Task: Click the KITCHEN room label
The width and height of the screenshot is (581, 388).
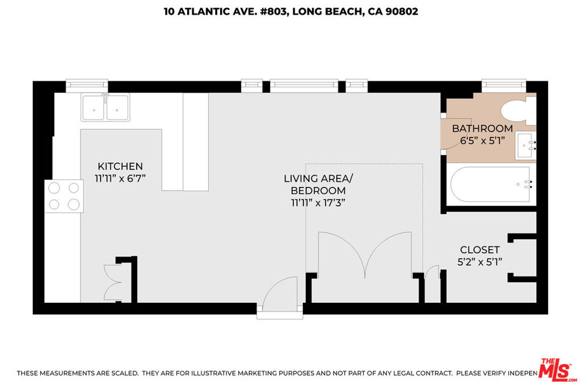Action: (120, 166)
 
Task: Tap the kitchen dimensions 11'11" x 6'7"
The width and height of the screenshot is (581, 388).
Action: (120, 178)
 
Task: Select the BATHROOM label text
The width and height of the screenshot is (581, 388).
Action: (482, 128)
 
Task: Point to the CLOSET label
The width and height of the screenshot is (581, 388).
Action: (480, 249)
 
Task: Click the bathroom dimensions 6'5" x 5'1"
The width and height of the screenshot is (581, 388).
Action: (482, 141)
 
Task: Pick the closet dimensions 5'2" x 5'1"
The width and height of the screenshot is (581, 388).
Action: (480, 262)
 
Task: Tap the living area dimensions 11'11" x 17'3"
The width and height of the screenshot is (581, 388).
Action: (318, 203)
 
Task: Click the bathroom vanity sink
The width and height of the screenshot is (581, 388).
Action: (525, 145)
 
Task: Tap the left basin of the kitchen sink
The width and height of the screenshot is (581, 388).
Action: (94, 107)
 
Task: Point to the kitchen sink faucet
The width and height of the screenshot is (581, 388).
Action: (106, 98)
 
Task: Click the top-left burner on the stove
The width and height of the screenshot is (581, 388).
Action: (54, 188)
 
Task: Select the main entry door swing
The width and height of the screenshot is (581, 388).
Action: (280, 294)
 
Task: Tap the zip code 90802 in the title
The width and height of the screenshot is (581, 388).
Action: (402, 11)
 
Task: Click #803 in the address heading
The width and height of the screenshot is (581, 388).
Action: (273, 12)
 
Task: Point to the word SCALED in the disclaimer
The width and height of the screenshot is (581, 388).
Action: (124, 373)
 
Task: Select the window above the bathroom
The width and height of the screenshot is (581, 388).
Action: (504, 86)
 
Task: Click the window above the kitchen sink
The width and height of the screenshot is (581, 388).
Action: (87, 86)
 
